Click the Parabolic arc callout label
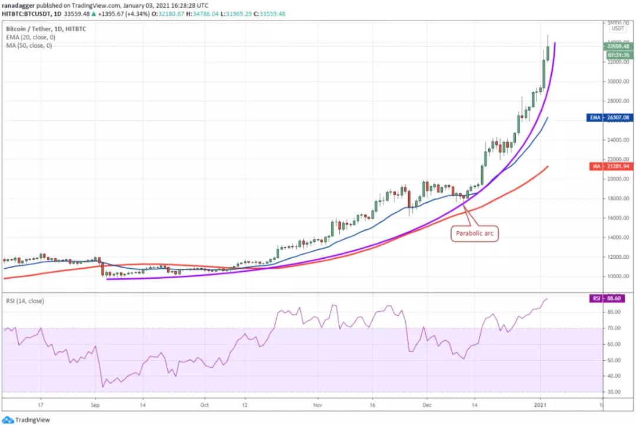(x=473, y=233)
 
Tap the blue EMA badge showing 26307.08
(x=611, y=117)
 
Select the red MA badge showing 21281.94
(x=611, y=166)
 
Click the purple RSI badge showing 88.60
(x=611, y=299)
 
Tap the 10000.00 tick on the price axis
(x=618, y=276)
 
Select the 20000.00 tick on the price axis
(x=618, y=179)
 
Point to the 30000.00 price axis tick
(x=618, y=82)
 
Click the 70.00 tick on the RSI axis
(x=615, y=328)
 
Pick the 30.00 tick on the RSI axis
(x=615, y=392)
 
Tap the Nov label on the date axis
(x=317, y=406)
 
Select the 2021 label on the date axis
(x=542, y=406)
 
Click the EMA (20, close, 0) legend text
(x=29, y=37)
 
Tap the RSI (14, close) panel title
(x=25, y=301)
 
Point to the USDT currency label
(x=618, y=28)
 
